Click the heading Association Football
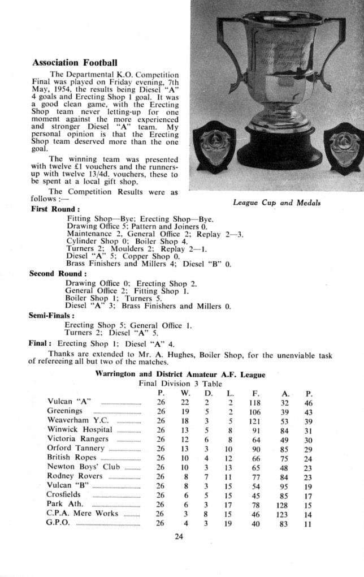75,62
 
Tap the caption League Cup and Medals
276,203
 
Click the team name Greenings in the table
65,411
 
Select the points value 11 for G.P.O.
309,523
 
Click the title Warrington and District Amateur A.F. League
180,374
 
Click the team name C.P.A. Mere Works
83,513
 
